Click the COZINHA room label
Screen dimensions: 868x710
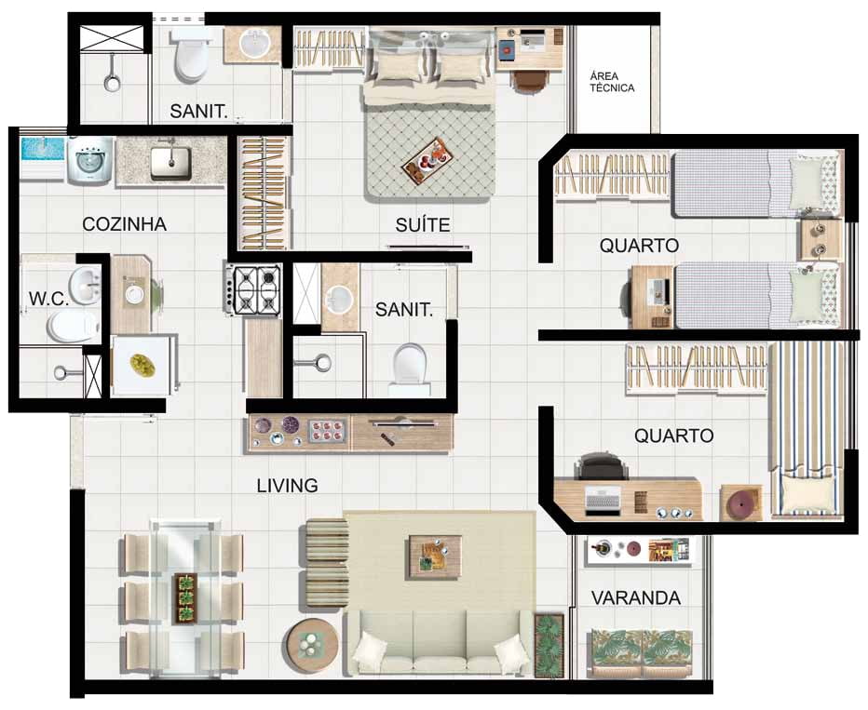coord(124,224)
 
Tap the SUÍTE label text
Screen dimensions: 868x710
coord(423,224)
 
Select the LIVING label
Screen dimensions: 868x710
coord(287,486)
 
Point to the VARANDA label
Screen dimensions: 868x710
coord(636,597)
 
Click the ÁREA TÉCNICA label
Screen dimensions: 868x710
coord(612,82)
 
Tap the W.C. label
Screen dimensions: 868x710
coord(48,299)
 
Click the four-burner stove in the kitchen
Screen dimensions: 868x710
coord(253,289)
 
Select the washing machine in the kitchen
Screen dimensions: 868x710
coord(90,160)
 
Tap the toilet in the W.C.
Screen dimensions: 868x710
coord(73,325)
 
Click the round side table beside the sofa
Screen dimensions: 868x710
coord(312,645)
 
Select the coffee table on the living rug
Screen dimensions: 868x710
coord(435,556)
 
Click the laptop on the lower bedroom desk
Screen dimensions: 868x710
coord(603,502)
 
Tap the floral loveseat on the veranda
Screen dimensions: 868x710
coord(642,652)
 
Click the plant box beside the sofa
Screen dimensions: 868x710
coord(549,645)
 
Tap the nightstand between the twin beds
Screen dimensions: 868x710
coord(820,239)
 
